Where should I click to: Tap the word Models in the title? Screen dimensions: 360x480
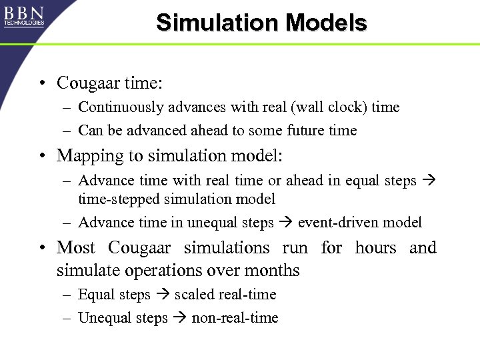(x=327, y=23)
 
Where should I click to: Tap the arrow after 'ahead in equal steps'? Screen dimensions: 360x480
(x=427, y=180)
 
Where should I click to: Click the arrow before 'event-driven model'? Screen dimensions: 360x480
(x=286, y=222)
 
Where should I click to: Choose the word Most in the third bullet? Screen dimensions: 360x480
(x=76, y=247)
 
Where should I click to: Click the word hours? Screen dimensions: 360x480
(x=375, y=247)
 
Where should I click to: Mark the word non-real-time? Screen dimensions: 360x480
(x=235, y=318)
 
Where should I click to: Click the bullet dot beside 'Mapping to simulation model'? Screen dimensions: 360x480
(x=42, y=156)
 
